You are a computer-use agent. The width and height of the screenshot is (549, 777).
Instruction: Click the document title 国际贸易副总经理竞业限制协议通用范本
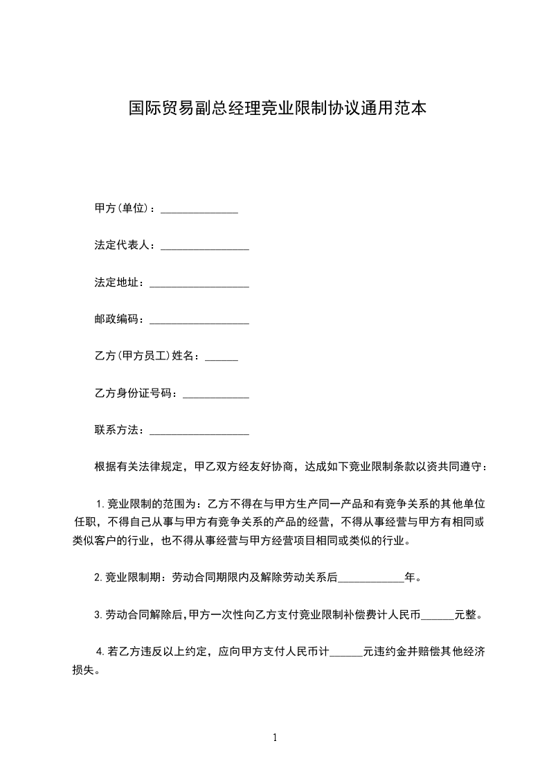point(277,109)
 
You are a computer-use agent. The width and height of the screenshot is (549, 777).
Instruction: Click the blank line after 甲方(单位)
point(199,209)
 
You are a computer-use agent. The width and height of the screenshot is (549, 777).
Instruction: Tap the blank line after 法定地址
point(199,283)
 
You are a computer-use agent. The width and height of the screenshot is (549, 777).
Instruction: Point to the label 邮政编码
point(119,320)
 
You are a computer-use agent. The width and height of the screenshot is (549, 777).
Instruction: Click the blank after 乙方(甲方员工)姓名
point(222,357)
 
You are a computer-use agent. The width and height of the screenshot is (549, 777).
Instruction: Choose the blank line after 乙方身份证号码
point(215,394)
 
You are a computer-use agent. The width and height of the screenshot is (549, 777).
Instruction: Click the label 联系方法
point(119,431)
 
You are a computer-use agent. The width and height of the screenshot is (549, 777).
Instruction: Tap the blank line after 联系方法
point(199,431)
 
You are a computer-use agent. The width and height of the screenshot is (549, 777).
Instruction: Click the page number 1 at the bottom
point(275,738)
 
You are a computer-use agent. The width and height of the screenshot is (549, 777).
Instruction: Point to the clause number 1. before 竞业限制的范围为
point(99,503)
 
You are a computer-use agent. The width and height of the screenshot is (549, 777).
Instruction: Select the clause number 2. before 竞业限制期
point(99,577)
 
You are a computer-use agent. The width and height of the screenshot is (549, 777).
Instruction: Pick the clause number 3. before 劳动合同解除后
point(99,614)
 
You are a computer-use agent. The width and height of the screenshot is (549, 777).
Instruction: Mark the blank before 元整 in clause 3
point(438,615)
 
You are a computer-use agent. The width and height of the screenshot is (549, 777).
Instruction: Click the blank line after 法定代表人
point(205,247)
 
